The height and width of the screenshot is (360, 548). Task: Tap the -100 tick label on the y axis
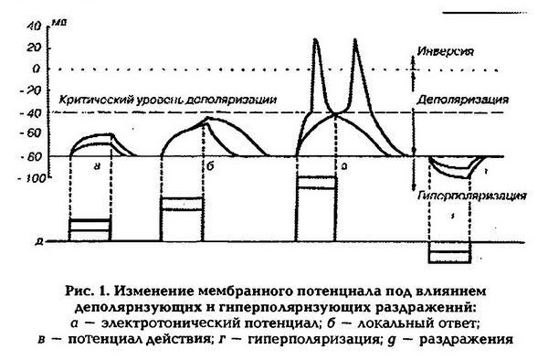tap(33, 177)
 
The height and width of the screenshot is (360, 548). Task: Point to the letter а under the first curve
tap(95, 166)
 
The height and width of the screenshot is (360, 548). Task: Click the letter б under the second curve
tap(211, 167)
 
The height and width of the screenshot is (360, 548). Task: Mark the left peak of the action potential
tap(316, 39)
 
